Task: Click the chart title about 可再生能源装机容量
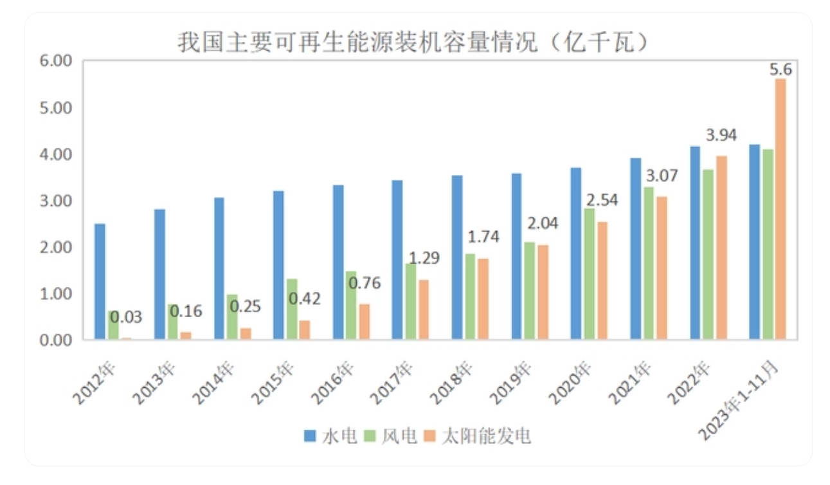point(411,43)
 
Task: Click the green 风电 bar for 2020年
point(589,273)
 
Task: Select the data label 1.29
point(425,259)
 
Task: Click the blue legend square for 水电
point(309,437)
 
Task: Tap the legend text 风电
point(398,437)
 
